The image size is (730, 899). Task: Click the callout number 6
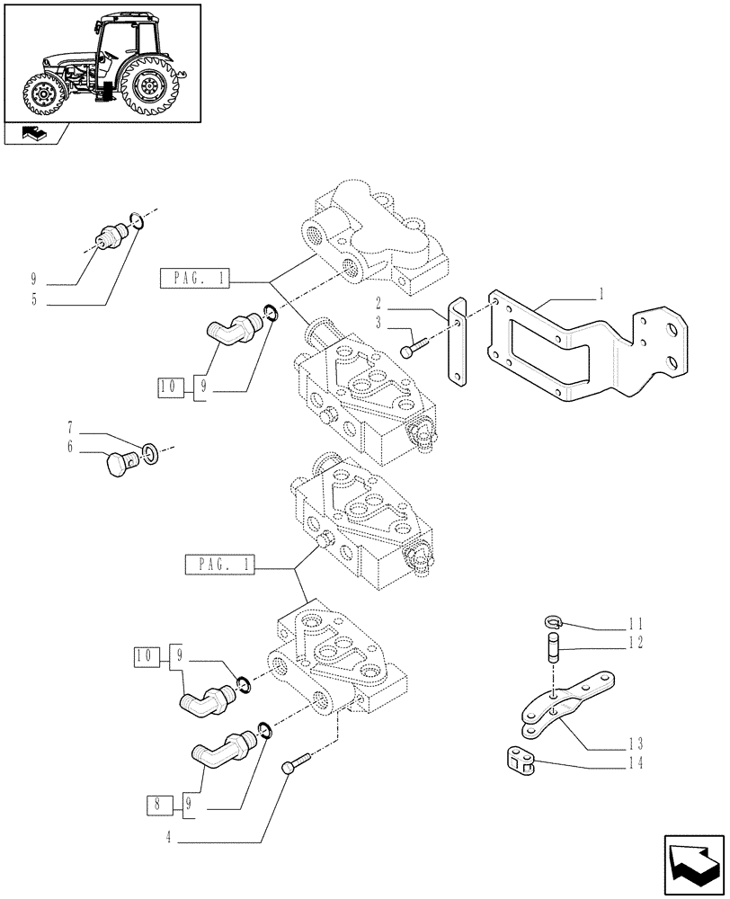click(x=69, y=446)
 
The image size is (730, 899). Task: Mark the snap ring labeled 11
click(x=554, y=620)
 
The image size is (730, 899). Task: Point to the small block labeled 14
click(x=519, y=762)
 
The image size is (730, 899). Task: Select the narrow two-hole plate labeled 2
click(x=457, y=343)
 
